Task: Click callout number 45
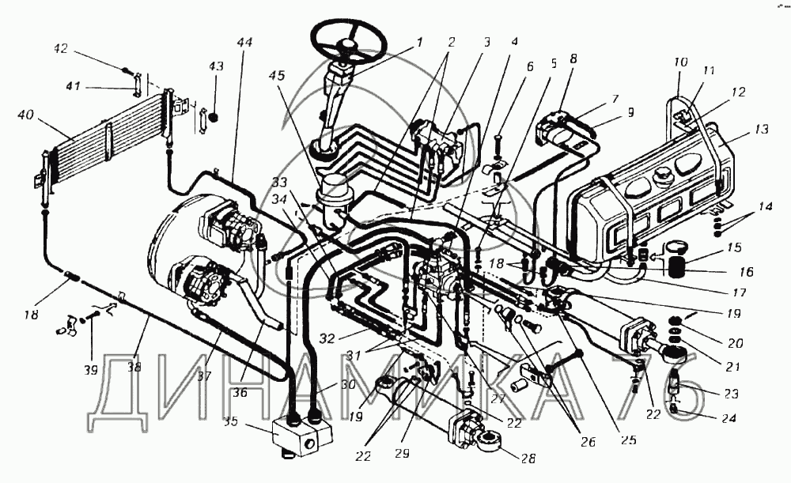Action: pos(277,76)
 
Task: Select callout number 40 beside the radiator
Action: pos(25,115)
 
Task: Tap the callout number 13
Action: pos(762,129)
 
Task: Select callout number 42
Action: pos(60,48)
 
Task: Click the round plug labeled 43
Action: pos(214,118)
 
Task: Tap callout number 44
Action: pos(244,43)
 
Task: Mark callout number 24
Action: pos(729,418)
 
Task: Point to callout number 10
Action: pos(680,62)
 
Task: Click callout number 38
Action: pos(134,367)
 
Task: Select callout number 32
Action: pos(327,338)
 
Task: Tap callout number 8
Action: pos(573,58)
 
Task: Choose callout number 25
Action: pos(629,440)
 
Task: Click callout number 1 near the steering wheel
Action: pos(419,43)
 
